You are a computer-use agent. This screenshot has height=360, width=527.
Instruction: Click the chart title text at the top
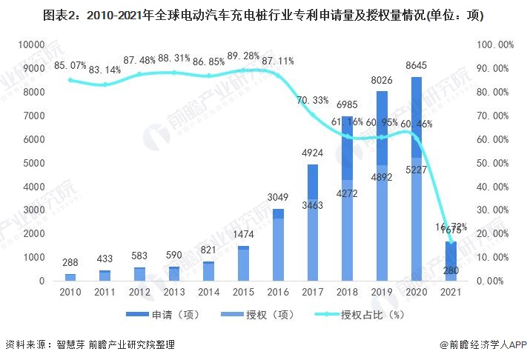(x=263, y=16)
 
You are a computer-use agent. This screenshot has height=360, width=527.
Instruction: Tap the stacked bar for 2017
(x=313, y=222)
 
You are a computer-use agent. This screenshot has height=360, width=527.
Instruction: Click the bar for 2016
(x=278, y=244)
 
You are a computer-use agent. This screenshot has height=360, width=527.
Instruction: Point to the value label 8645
(x=417, y=67)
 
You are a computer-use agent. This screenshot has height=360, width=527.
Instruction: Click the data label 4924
(x=313, y=154)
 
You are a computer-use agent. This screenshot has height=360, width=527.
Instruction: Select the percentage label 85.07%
(x=70, y=67)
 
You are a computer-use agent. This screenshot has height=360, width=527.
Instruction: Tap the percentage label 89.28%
(x=242, y=56)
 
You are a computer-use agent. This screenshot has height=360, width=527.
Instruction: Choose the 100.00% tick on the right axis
(x=494, y=44)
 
